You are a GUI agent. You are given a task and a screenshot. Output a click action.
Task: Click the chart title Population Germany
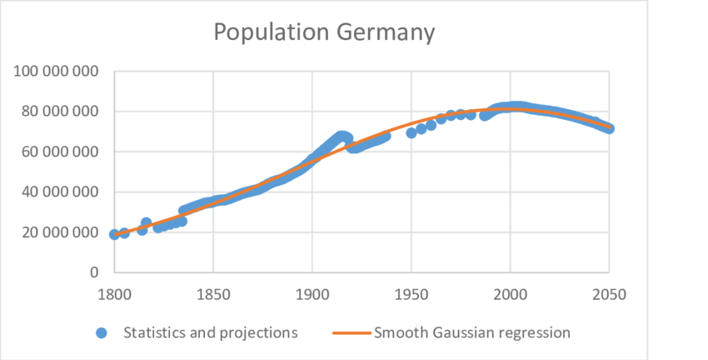pos(324,32)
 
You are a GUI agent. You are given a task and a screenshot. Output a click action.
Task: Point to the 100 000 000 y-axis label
pos(55,72)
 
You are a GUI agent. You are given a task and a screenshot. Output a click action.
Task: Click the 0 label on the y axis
pos(95,272)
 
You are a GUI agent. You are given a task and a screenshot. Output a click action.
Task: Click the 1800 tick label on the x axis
pos(114,293)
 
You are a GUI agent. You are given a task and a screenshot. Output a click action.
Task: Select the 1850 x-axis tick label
pos(213,293)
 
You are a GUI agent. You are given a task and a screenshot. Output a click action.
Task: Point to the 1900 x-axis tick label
pos(312,293)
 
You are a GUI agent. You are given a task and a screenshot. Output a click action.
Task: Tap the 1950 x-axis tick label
pos(411,293)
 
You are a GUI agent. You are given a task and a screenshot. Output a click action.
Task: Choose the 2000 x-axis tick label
pos(510,293)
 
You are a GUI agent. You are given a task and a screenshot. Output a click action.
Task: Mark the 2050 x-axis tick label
pos(609,293)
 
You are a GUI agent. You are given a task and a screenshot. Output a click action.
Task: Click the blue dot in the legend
pos(102,332)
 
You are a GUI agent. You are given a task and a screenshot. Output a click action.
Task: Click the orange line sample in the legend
pos(351,332)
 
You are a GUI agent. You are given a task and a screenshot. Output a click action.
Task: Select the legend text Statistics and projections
pos(211,332)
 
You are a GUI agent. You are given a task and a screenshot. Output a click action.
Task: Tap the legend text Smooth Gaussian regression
pos(472,332)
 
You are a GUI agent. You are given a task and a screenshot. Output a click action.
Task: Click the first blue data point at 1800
pos(114,234)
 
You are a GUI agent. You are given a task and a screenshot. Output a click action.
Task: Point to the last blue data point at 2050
pos(609,128)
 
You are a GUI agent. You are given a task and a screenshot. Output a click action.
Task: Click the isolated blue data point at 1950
pos(411,132)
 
